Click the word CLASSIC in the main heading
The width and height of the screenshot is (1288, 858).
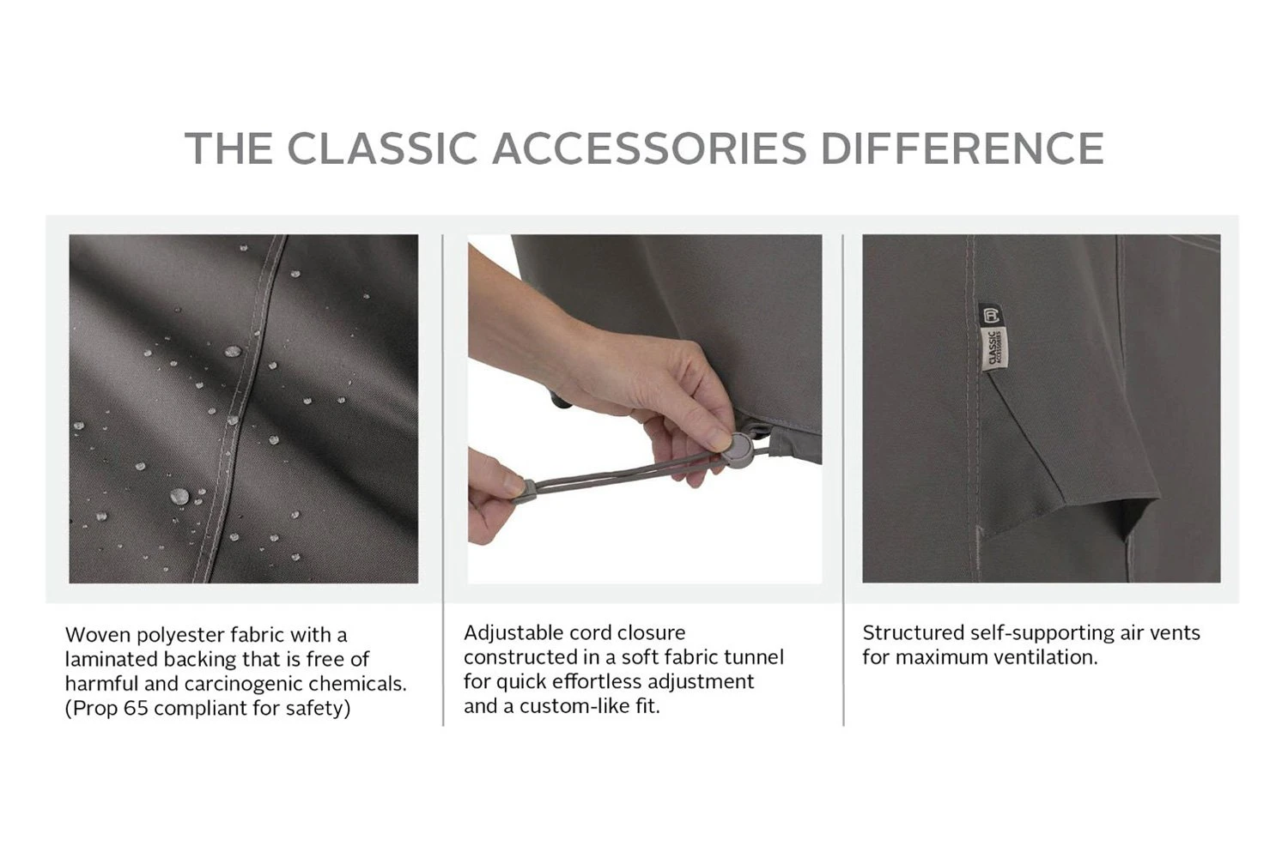tap(382, 148)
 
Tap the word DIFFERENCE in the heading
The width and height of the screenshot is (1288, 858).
tap(963, 148)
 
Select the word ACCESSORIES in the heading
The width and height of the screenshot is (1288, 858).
tap(649, 148)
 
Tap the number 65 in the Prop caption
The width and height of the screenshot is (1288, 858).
tap(136, 708)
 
